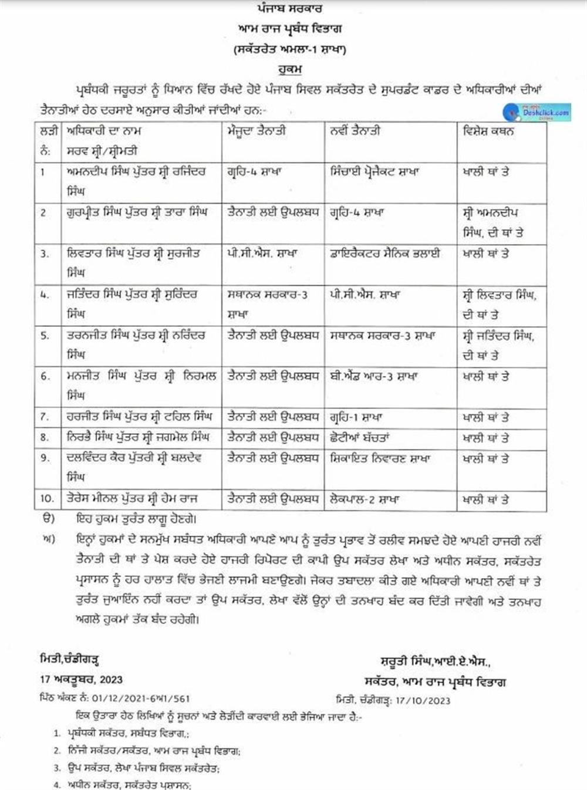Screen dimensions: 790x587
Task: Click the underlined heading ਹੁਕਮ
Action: [x=290, y=70]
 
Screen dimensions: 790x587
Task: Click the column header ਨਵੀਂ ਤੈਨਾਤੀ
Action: [x=355, y=131]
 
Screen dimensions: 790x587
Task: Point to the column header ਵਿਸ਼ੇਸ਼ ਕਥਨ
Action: [x=488, y=131]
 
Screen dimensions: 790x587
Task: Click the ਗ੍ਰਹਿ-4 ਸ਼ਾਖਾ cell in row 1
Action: [x=255, y=172]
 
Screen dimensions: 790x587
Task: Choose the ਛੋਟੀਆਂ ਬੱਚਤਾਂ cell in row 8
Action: [x=360, y=437]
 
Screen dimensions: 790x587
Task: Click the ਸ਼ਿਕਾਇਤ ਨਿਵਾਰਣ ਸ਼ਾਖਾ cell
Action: [x=380, y=458]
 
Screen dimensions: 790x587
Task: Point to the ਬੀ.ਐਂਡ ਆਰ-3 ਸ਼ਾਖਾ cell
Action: [x=373, y=376]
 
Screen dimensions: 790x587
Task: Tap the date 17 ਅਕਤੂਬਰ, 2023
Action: [x=82, y=679]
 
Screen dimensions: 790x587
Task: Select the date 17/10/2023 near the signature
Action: [x=423, y=700]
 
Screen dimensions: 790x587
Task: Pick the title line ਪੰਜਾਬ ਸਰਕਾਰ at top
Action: [x=290, y=9]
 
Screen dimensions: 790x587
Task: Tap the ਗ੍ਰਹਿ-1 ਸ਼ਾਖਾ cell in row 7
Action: [x=356, y=417]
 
